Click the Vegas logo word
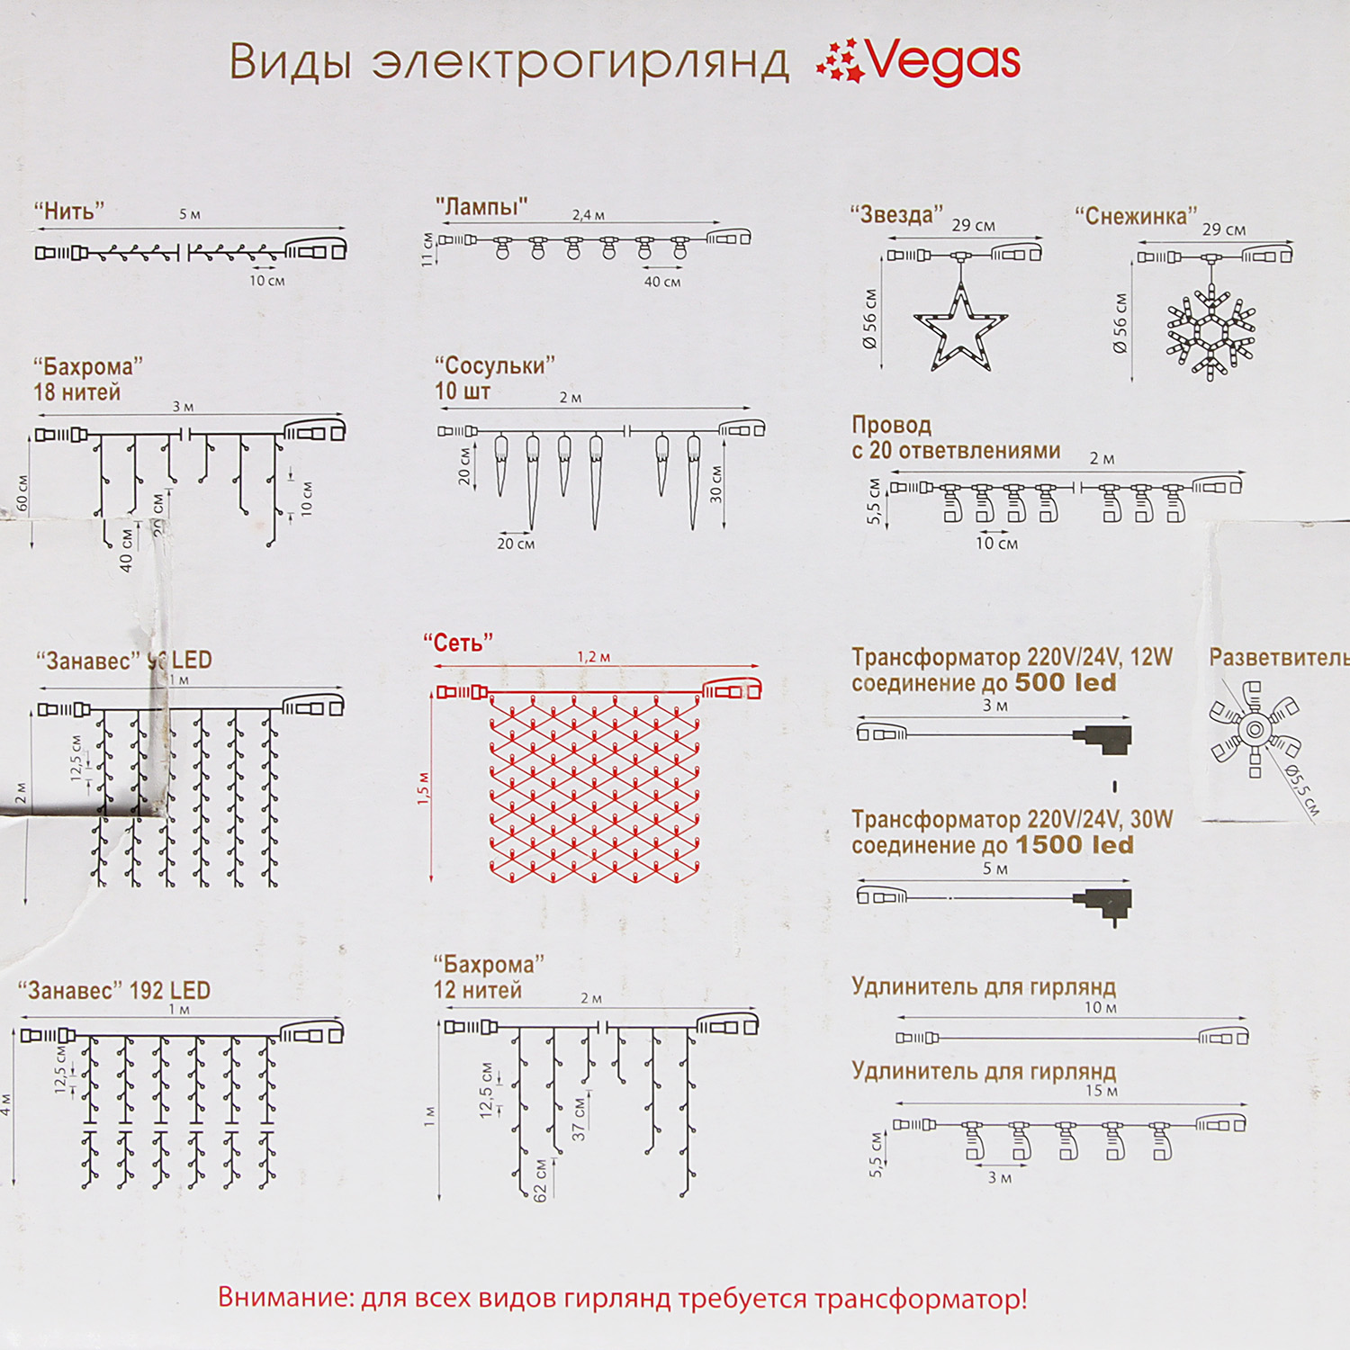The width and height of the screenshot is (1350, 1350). [x=943, y=61]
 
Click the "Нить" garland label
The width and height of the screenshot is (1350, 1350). [x=69, y=211]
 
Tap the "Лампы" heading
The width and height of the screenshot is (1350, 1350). [x=481, y=207]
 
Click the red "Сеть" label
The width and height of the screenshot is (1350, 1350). [x=458, y=643]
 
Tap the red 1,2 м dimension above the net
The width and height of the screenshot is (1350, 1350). [x=594, y=657]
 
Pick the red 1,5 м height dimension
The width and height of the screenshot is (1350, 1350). [x=424, y=788]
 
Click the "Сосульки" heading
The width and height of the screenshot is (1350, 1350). [x=494, y=365]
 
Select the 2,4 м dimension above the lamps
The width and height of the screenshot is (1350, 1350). [x=589, y=215]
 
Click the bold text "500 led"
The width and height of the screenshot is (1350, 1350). [x=1066, y=683]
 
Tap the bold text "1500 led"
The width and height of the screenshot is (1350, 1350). [x=1075, y=845]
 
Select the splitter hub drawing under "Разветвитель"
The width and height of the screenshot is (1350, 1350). [x=1254, y=728]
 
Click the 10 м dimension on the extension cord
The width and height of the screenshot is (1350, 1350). [x=1100, y=1008]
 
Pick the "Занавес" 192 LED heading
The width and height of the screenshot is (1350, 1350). [x=114, y=991]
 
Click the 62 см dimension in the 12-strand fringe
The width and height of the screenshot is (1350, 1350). [x=540, y=1180]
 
